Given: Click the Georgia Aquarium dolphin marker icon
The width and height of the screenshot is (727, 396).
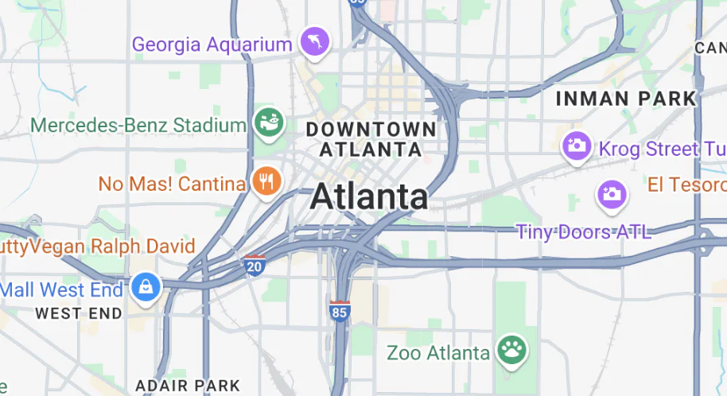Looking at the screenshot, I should (x=314, y=42).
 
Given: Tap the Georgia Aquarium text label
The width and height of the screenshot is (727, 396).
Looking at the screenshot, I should (x=212, y=45).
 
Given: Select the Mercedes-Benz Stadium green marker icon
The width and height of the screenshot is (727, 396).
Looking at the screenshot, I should (x=269, y=122).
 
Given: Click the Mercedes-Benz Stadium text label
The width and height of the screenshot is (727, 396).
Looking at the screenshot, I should (x=138, y=125).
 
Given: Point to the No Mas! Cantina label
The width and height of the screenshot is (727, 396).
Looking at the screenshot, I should (x=172, y=184).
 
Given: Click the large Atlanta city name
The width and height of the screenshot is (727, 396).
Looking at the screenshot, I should (x=369, y=196).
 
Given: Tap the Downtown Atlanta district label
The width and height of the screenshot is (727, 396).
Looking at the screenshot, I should (x=371, y=138).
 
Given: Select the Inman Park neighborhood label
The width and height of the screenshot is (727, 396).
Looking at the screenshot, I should (x=626, y=99).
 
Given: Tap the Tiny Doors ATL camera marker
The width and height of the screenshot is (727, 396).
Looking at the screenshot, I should (x=612, y=193).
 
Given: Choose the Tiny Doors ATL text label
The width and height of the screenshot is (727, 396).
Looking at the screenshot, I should (x=584, y=231).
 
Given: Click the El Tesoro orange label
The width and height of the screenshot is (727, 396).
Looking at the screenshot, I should (x=686, y=184).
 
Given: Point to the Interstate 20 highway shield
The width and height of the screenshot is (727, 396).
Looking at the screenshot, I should (x=255, y=265).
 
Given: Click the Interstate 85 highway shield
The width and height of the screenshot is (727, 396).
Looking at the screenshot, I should (x=340, y=311).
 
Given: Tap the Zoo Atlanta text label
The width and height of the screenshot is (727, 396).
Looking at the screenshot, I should (x=437, y=351).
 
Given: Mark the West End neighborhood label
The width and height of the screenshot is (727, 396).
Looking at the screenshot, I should (x=79, y=313).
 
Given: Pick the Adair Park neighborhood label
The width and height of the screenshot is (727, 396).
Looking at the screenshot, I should (x=188, y=385).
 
